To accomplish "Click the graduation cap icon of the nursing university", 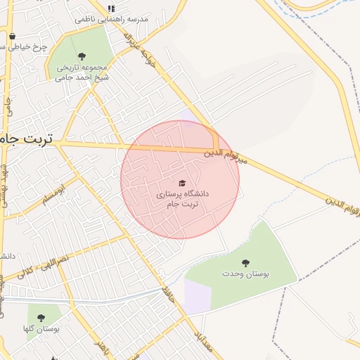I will [182, 181].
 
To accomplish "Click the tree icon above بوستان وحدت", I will [245, 262].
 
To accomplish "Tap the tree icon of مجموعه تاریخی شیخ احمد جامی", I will [82, 56].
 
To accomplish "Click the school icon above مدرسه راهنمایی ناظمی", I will [110, 8].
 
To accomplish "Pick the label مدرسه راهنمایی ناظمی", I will [112, 19].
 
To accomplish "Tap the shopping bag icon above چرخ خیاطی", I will [12, 37].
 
